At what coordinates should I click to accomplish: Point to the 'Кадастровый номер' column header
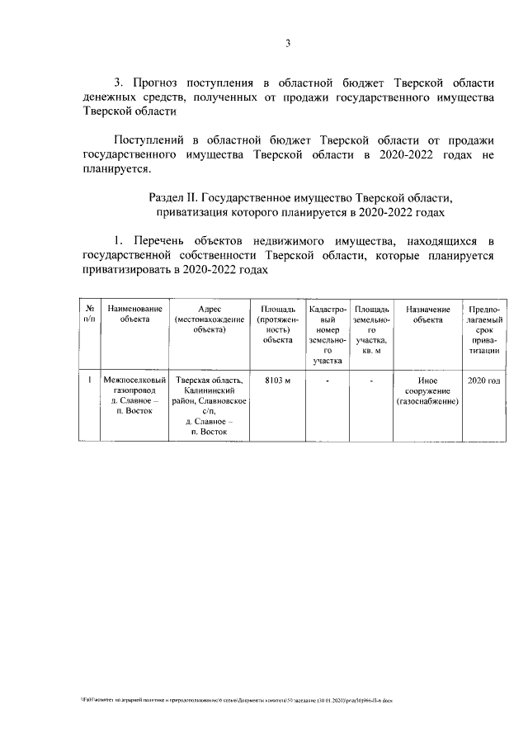tap(328, 333)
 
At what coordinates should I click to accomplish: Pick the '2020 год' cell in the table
tap(483, 381)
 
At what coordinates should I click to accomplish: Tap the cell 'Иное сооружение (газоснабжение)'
tap(427, 391)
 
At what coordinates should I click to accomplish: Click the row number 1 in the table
tap(88, 381)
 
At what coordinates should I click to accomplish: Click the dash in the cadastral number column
tap(328, 381)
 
